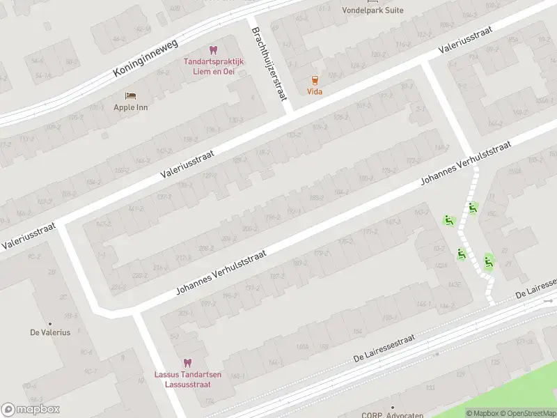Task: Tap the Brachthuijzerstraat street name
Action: coord(269,63)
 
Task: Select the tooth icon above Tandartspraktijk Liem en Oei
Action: coord(213,50)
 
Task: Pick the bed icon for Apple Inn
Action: coord(130,95)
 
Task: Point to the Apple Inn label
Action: coord(131,107)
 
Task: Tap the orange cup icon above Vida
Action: coord(315,80)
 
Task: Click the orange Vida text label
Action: coord(315,92)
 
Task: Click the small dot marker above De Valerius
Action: coord(50,323)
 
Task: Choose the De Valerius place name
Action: coord(50,333)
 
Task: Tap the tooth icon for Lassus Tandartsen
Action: coord(187,362)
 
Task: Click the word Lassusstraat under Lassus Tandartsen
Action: coord(188,384)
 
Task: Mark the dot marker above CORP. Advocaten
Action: coord(392,407)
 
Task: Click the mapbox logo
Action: coord(31,410)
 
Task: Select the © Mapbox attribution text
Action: coord(483,413)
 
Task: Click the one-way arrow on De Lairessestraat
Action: coord(549,301)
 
